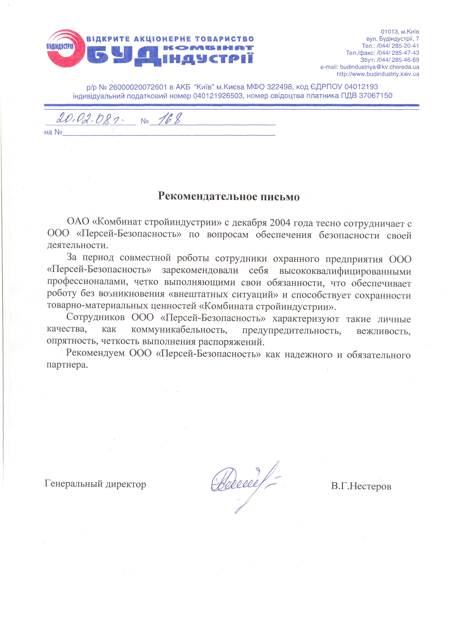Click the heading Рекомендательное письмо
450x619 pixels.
pyautogui.click(x=229, y=197)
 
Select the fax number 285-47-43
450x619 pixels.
pyautogui.click(x=405, y=53)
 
